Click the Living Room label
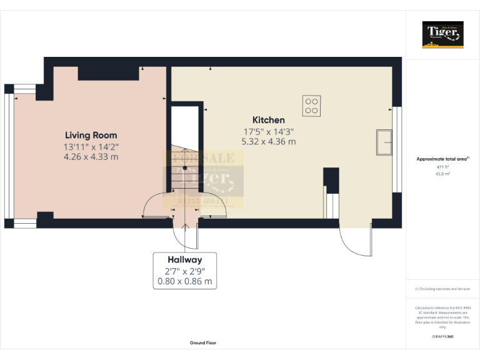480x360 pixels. coord(91,135)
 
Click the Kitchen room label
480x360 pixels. coord(268,120)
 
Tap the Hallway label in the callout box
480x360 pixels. coord(184,259)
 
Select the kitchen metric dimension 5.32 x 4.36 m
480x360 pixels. coord(268,142)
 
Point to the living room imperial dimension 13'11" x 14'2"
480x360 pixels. coord(91,146)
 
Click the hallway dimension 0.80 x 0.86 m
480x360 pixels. coord(184,282)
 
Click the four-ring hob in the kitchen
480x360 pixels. coord(312,106)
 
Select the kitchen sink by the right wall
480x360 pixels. coord(384,142)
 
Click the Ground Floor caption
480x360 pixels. coord(203,343)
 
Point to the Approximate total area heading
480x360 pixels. coord(442,159)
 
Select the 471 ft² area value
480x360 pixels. coord(442,167)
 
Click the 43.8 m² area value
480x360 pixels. coord(442,174)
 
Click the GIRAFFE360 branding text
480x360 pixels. coord(442,337)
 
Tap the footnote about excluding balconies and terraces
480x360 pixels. coord(442,289)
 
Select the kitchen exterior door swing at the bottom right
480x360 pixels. coord(353,241)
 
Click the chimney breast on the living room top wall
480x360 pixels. coord(108,73)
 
